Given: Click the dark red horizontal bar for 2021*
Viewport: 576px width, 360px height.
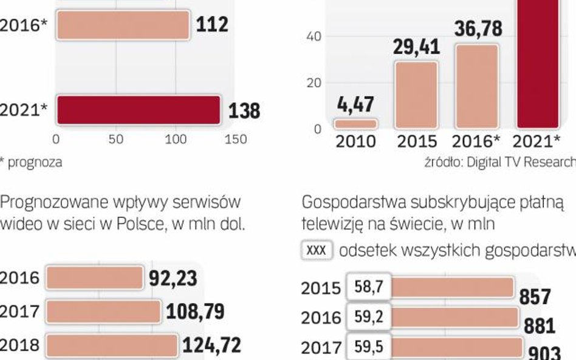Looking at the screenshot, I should point(138,110).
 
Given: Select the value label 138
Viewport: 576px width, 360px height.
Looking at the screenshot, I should point(244,111).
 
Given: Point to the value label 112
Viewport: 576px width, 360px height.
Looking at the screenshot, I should point(212,25).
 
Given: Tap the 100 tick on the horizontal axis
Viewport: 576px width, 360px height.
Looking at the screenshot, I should point(176,140).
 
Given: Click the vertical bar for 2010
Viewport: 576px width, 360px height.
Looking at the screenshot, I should point(356,124).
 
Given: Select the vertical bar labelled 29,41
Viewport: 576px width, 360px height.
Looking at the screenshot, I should point(416,95).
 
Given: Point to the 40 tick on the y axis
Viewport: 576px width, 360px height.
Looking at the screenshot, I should point(314,36).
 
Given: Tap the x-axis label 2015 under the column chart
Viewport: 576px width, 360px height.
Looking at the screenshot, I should point(417,142).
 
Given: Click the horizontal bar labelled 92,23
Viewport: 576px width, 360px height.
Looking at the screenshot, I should point(94,278).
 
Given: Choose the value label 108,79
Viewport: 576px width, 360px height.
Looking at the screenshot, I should point(195,312).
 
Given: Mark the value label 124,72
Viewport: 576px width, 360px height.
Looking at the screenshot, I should point(211,345).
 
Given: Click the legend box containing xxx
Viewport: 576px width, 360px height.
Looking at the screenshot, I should point(317,250).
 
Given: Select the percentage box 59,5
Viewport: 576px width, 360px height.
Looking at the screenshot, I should point(368,347).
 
